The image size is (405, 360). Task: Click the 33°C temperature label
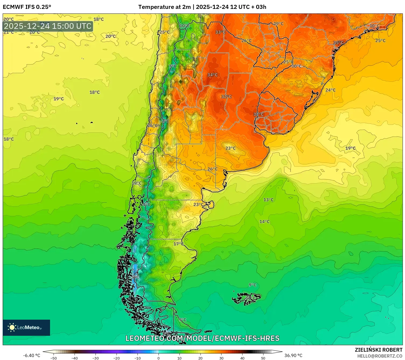[220, 32]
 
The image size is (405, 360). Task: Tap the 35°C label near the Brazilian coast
[338, 43]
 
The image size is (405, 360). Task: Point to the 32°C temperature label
[226, 97]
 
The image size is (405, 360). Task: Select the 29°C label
[278, 24]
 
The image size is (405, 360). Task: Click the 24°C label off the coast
[330, 90]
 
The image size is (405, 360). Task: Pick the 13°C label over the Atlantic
[268, 200]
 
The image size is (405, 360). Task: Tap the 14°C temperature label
[264, 222]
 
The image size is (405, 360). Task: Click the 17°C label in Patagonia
[178, 244]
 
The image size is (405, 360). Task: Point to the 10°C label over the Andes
[184, 26]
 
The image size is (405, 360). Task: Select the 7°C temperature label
[172, 66]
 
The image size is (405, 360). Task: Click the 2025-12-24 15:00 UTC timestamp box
[48, 26]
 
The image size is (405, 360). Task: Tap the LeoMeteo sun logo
[12, 327]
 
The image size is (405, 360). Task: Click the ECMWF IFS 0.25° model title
[27, 7]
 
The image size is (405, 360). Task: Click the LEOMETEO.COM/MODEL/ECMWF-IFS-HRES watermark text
[202, 338]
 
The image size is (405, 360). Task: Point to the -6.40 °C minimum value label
[31, 355]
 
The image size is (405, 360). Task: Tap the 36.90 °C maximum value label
[293, 355]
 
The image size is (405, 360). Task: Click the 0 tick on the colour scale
[159, 358]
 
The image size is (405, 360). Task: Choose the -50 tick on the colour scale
[54, 358]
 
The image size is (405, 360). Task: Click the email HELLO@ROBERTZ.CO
[380, 356]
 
